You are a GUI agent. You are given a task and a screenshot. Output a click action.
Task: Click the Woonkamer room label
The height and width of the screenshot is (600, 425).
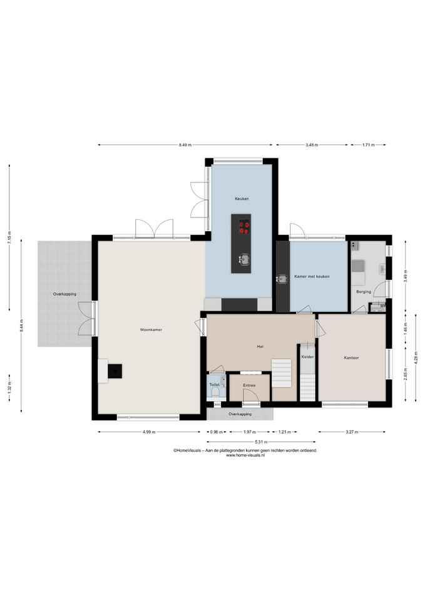(x=151, y=329)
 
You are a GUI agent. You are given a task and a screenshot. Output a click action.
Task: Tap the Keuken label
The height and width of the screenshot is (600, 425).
(x=242, y=199)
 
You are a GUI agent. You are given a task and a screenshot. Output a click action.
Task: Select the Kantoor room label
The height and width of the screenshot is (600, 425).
(x=351, y=357)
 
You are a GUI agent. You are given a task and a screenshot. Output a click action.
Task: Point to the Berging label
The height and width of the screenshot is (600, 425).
(x=364, y=292)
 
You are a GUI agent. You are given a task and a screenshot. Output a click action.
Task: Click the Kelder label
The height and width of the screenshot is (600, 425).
(x=307, y=357)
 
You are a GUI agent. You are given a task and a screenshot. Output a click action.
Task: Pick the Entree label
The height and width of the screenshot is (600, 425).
(x=249, y=386)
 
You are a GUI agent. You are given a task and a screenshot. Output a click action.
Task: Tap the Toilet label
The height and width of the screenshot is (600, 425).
(x=214, y=384)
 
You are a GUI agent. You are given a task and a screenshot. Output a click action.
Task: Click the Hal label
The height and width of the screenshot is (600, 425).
(x=260, y=347)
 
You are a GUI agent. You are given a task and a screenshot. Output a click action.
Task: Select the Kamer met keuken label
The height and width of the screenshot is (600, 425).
(x=312, y=276)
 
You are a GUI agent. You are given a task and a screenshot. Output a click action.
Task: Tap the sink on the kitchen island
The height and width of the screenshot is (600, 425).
(x=243, y=259)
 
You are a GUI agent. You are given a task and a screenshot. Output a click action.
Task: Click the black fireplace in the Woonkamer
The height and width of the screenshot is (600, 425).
(x=115, y=371)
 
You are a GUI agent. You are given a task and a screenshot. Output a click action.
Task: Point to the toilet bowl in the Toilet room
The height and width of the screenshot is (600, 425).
(x=215, y=392)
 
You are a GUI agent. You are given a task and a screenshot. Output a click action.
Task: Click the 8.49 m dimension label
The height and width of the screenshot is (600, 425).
(x=185, y=145)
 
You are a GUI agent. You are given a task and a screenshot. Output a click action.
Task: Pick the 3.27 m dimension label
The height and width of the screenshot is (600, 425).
(x=352, y=432)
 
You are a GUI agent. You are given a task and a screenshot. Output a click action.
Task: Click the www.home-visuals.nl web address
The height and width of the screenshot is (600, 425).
(x=245, y=456)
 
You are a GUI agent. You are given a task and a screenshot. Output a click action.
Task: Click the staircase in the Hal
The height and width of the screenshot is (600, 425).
(x=282, y=373)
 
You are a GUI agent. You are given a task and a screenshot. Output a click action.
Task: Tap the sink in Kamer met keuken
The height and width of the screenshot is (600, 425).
(x=282, y=279)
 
